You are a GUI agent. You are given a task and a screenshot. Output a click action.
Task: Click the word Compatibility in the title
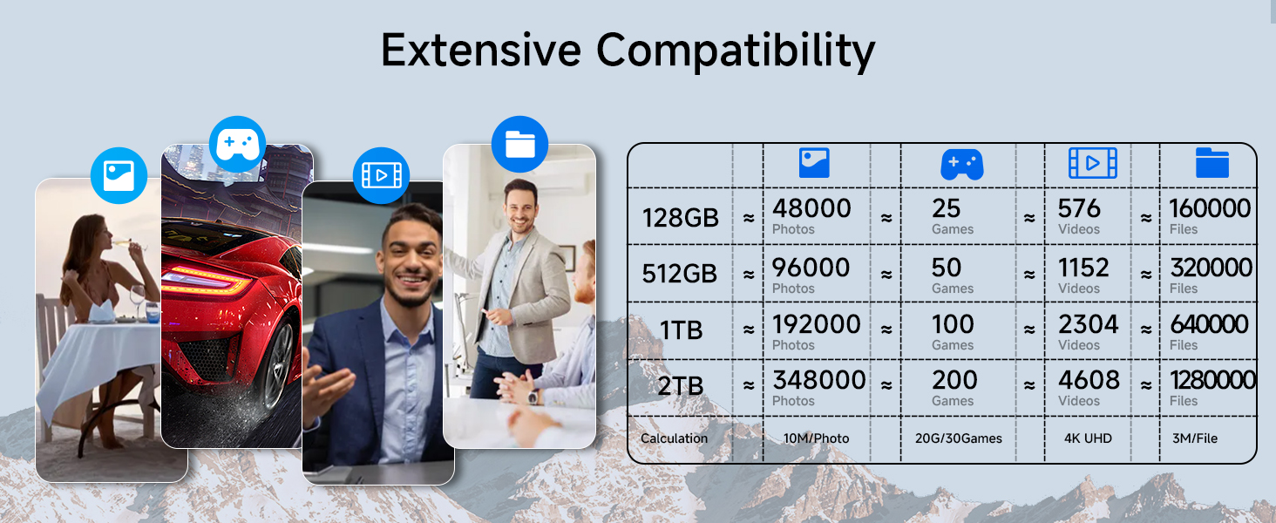click(x=736, y=51)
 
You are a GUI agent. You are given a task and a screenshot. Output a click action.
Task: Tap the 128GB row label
click(x=680, y=217)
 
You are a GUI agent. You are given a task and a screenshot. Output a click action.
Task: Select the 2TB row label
click(x=680, y=386)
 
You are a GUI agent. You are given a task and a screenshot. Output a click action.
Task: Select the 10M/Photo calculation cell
click(x=815, y=438)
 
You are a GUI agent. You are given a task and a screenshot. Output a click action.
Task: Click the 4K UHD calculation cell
click(x=1088, y=438)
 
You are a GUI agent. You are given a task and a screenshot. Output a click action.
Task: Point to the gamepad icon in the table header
click(x=961, y=164)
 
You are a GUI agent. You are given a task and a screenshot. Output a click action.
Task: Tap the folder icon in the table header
click(x=1212, y=163)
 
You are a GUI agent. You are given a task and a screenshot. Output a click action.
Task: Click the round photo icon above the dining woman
click(x=119, y=175)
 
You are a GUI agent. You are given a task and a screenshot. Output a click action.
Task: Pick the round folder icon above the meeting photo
click(x=519, y=144)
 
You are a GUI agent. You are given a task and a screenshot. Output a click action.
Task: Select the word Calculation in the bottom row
click(x=674, y=438)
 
